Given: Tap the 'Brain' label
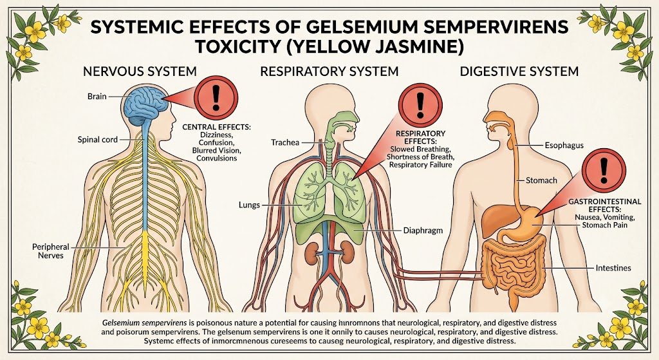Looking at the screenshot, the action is [97, 97].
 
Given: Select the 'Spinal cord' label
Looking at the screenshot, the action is [98, 140].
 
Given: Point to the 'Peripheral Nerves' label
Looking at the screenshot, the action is [50, 251].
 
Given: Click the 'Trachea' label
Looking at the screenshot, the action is [285, 142].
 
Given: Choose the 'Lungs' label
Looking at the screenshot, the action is [249, 205].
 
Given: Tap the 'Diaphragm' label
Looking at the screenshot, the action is [423, 231].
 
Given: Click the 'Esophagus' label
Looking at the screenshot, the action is [564, 146].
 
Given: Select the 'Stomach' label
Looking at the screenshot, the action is [541, 180].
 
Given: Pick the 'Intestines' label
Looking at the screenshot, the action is [613, 268].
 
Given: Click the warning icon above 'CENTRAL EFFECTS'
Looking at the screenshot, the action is [216, 98].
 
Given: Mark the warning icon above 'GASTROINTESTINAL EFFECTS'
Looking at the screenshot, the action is [604, 170].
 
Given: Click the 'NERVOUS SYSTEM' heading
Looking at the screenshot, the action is [140, 71].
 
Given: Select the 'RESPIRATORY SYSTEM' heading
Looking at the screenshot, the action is [329, 71].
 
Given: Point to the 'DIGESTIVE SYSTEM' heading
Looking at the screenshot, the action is [519, 71].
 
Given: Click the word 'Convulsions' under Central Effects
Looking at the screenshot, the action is [216, 158].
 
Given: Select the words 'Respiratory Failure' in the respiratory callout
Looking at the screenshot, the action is [420, 165].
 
